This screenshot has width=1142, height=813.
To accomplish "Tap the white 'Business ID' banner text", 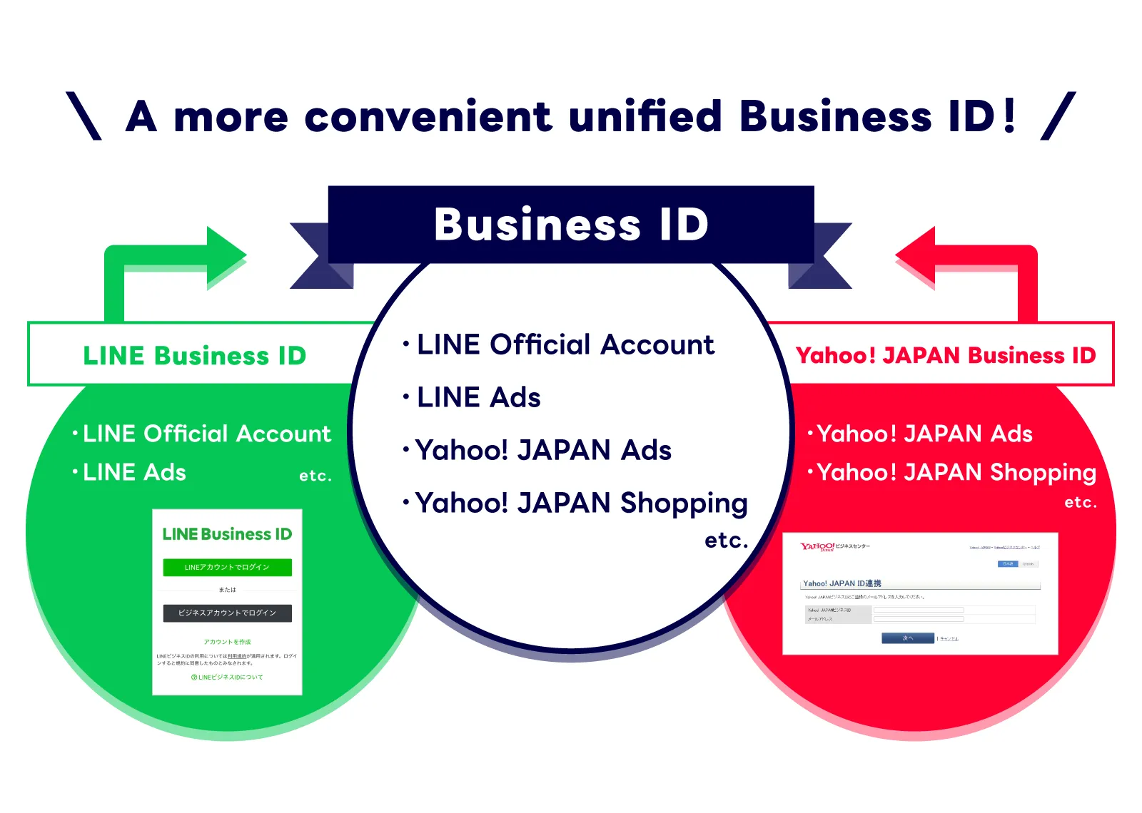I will [571, 225].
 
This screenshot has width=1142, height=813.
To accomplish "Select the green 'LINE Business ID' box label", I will [194, 355].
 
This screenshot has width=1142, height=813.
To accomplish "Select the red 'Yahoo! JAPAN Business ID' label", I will [945, 355].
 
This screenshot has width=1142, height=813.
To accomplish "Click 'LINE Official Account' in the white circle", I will [565, 345].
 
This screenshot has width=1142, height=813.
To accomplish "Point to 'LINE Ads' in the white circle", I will [478, 398].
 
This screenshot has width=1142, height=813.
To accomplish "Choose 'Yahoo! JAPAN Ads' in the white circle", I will [542, 451].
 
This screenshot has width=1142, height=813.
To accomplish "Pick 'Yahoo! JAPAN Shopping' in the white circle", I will [580, 503].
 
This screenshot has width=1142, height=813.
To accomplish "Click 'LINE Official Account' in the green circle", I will [206, 434].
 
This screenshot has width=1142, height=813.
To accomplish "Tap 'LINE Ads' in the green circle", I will [134, 472].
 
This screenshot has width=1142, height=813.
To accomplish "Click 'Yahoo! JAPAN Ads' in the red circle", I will [924, 434].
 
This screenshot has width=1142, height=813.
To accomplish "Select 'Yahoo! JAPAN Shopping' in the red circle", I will [956, 472].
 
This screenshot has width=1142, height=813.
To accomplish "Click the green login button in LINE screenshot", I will [227, 567].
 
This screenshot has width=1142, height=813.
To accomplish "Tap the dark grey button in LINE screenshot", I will [227, 613].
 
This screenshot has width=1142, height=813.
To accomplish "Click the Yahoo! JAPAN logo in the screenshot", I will [817, 547].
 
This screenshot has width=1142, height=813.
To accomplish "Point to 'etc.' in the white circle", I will [726, 541].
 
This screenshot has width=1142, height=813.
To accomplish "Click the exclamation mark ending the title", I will [1009, 116].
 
